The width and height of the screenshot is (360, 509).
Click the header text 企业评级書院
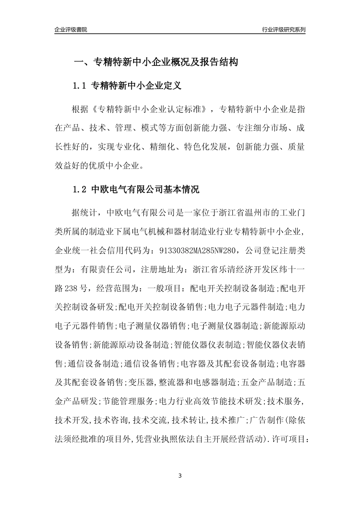pyautogui.click(x=70, y=30)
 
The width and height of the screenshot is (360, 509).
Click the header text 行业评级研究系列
pyautogui.click(x=283, y=30)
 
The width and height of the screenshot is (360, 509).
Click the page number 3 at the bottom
pyautogui.click(x=180, y=475)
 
